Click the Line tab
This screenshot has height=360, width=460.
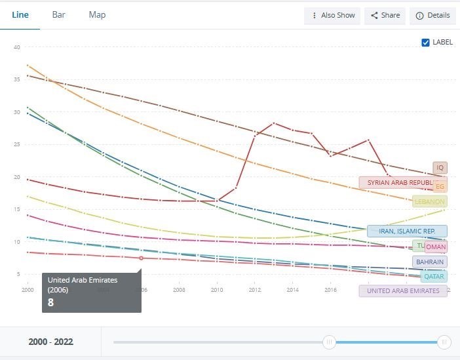pos(20,14)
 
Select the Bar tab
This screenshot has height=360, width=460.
pos(58,14)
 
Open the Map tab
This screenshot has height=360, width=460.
pos(97,14)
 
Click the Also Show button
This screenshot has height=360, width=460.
pos(332,15)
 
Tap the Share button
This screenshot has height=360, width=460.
pos(384,15)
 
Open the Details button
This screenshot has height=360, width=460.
pos(432,15)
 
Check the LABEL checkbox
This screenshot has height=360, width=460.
pos(426,42)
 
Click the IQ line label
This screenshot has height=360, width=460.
pos(440,168)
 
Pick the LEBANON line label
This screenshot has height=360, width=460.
pos(430,201)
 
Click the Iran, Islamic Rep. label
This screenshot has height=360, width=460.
pos(407,231)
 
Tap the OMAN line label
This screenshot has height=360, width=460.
pos(436,247)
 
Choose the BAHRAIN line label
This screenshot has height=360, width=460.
pos(429,262)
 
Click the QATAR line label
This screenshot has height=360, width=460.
pos(434,276)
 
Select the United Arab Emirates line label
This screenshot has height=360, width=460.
pos(403,290)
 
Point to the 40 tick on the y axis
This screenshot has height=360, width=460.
pos(17,47)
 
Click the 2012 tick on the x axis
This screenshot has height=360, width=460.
pos(254,289)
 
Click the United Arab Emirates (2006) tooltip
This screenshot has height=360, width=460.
pos(91,292)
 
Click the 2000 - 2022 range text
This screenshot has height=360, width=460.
pos(50,342)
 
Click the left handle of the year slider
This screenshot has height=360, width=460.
pos(330,342)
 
